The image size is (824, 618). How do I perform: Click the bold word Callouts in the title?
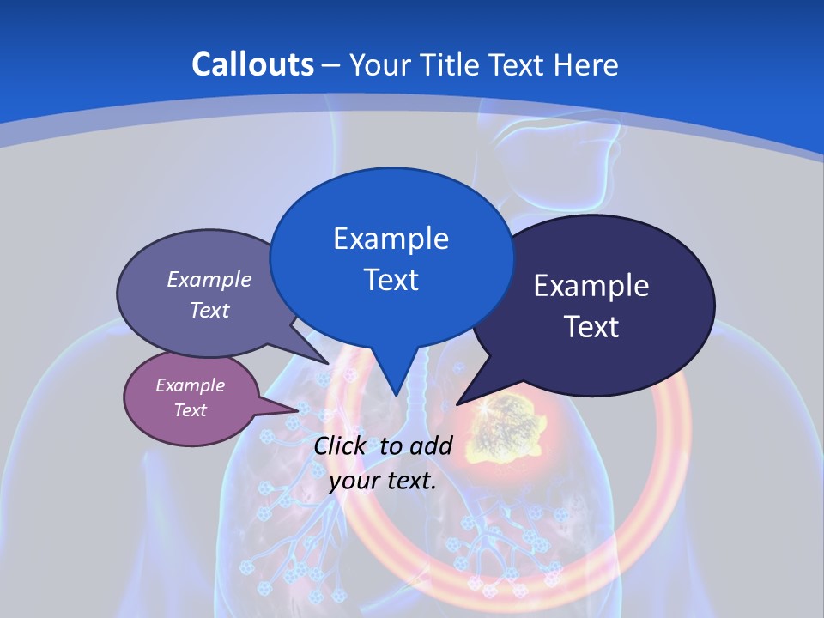click(x=252, y=64)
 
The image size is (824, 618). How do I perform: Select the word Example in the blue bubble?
click(x=391, y=238)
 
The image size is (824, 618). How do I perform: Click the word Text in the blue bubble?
click(x=391, y=279)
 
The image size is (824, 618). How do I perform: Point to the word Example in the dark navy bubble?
click(x=591, y=286)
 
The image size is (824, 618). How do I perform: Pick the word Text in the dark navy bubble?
click(x=591, y=327)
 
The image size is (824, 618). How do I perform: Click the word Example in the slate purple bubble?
click(x=209, y=279)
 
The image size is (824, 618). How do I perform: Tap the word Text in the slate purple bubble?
click(x=209, y=310)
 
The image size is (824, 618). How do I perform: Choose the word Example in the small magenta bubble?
click(x=190, y=385)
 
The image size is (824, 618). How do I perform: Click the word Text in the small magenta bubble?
click(x=190, y=410)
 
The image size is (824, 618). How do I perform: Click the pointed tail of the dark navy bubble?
click(x=461, y=401)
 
